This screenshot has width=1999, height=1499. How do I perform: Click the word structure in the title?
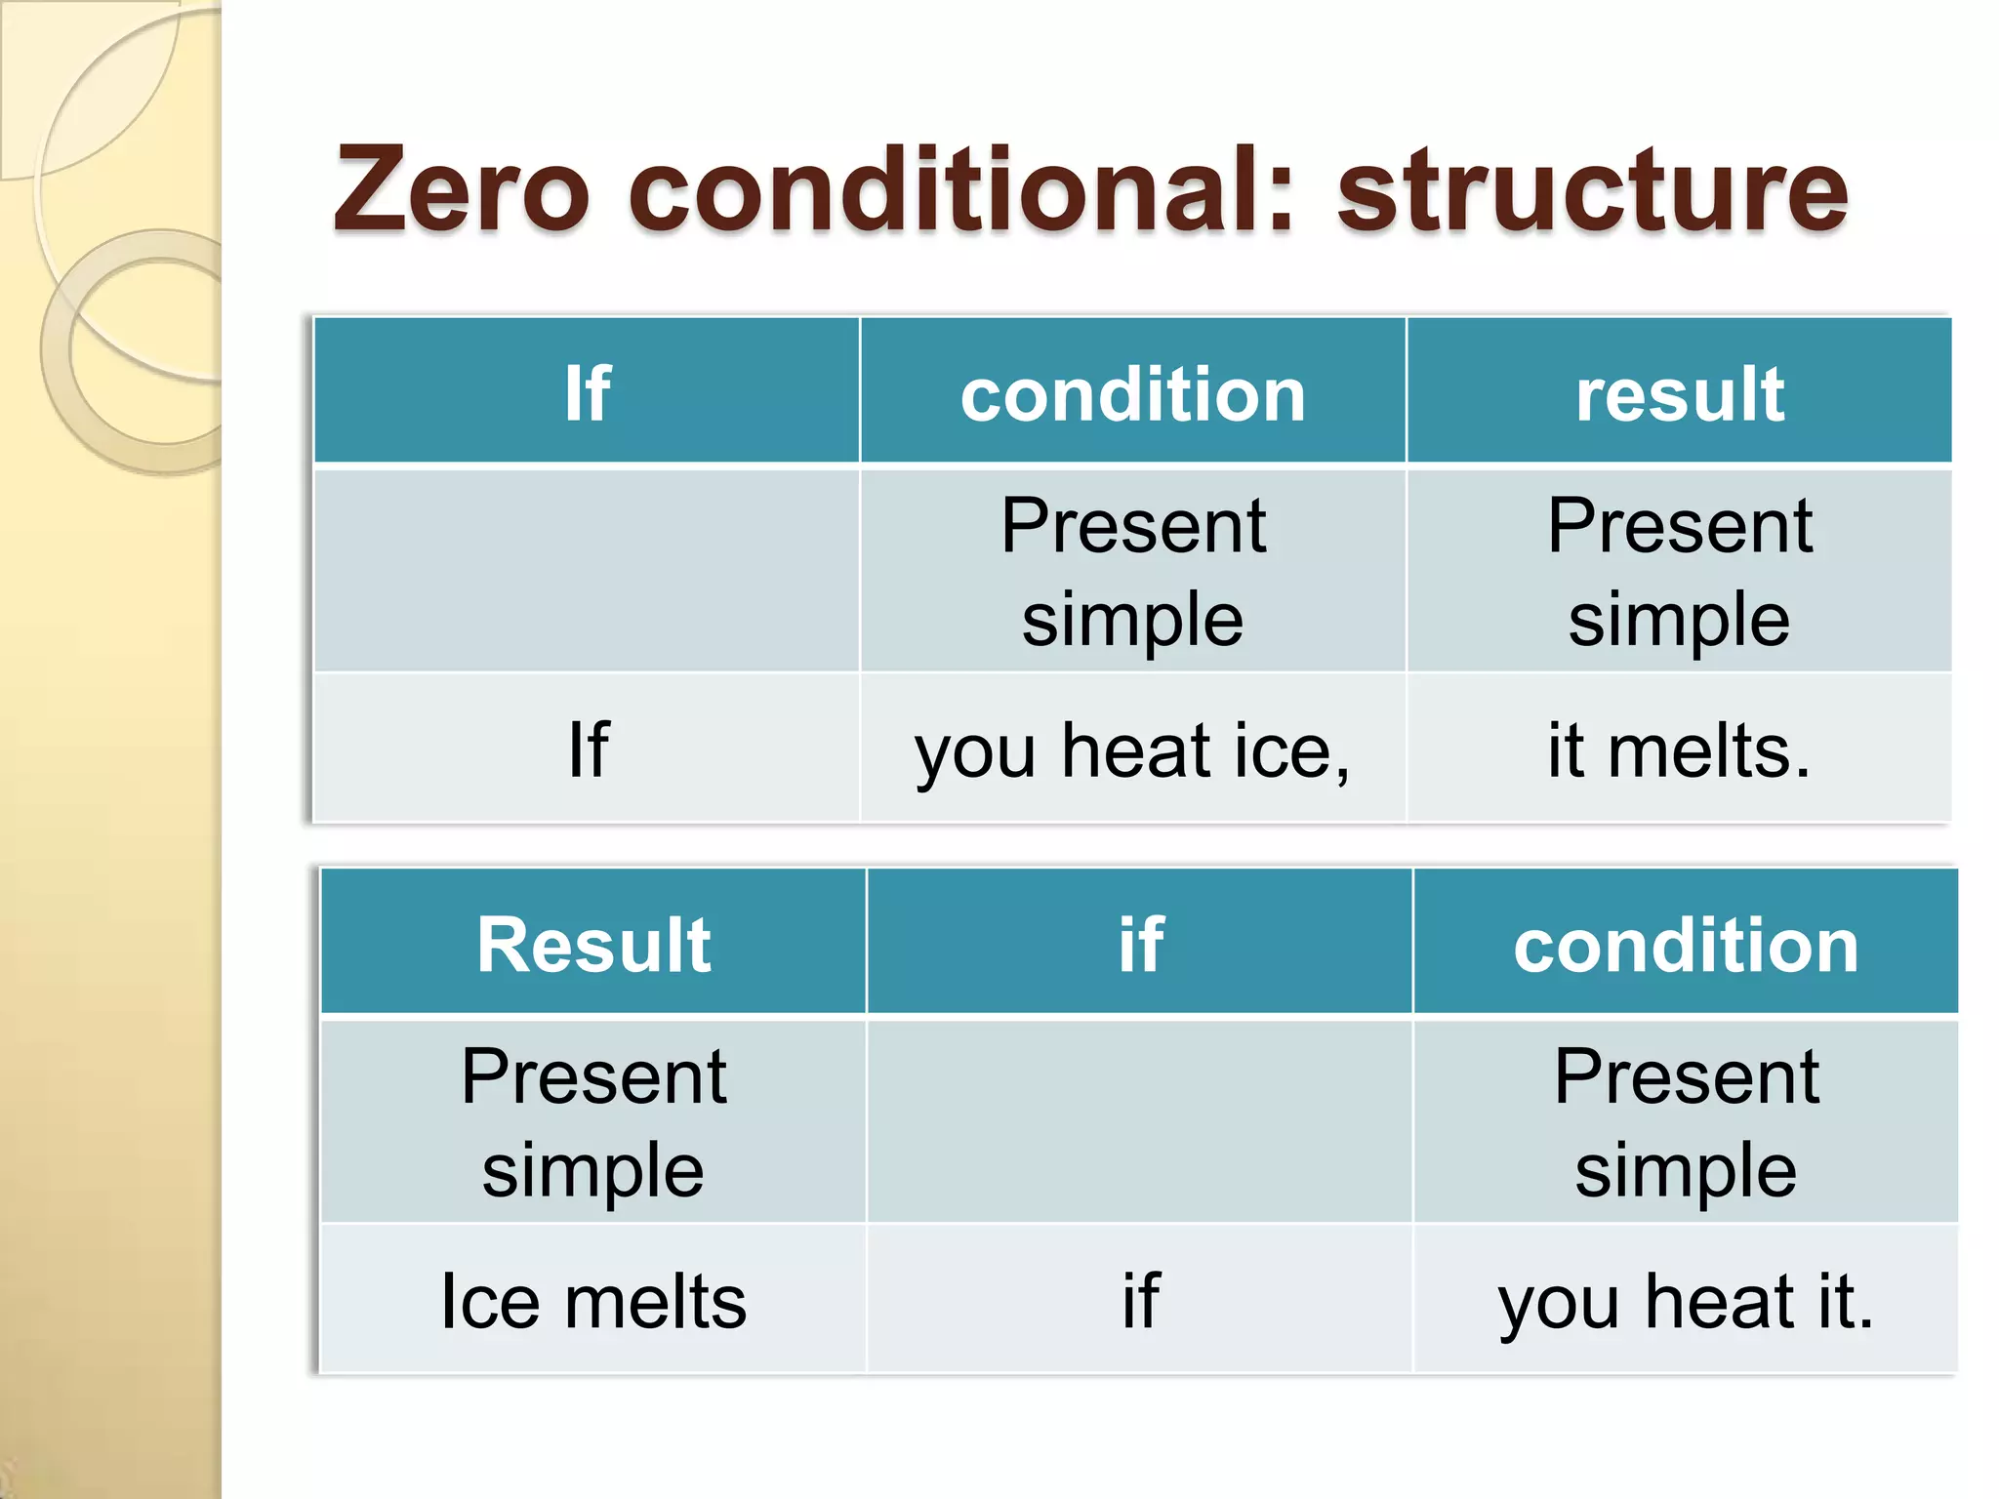[1592, 190]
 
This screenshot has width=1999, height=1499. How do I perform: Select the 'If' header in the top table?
[587, 393]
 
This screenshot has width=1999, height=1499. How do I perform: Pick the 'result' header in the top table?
[1680, 393]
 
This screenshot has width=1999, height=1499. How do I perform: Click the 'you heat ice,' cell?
[1132, 750]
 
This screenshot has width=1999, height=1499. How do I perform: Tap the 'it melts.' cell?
[1679, 750]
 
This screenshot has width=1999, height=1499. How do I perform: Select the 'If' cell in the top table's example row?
[588, 750]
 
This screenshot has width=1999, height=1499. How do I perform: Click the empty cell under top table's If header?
[587, 571]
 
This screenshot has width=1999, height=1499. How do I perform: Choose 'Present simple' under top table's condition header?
[1132, 571]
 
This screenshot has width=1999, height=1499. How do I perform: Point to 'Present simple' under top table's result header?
[1679, 571]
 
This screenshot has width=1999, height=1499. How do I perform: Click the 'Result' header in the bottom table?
[593, 945]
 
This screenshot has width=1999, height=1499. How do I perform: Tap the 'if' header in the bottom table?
[1140, 945]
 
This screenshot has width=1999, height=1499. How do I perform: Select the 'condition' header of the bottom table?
[1686, 946]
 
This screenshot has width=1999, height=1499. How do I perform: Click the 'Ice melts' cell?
[593, 1301]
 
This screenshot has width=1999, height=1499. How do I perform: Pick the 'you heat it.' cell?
[1686, 1301]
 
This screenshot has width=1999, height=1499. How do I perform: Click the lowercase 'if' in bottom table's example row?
[1140, 1301]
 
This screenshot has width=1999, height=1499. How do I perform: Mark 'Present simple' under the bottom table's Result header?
[593, 1122]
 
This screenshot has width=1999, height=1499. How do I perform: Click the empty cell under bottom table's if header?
[1140, 1122]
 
